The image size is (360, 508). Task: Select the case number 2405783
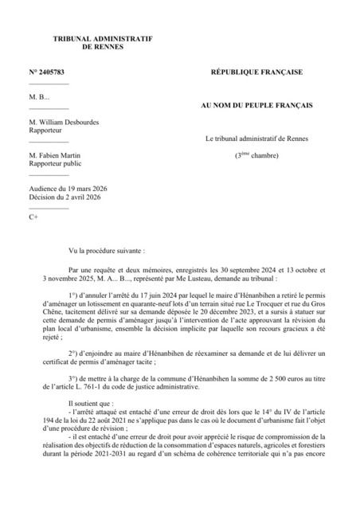tap(57, 72)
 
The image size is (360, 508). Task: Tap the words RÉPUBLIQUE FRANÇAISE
tap(256, 72)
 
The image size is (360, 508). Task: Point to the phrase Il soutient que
tap(92, 404)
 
